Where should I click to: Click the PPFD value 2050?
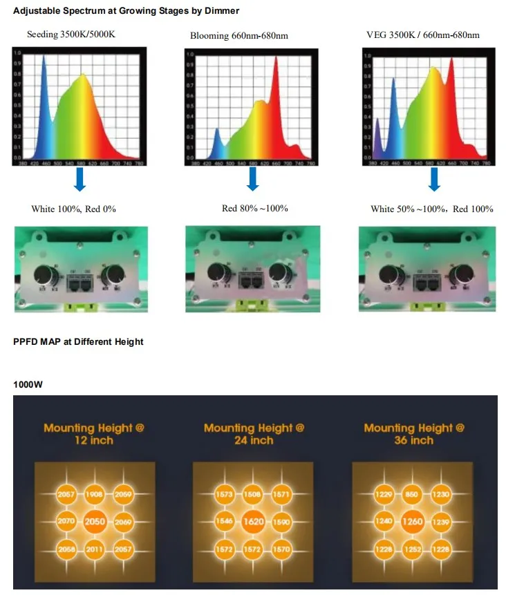tap(95, 522)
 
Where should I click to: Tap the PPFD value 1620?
tap(254, 522)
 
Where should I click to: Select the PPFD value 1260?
tap(413, 522)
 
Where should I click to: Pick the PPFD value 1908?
tap(95, 495)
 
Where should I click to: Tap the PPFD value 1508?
tap(254, 495)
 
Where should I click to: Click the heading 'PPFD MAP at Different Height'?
tap(78, 341)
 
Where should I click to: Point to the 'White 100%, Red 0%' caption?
tap(73, 209)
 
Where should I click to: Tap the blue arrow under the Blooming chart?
tap(253, 179)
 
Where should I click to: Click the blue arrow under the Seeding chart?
tap(79, 178)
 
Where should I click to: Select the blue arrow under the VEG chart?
tap(434, 179)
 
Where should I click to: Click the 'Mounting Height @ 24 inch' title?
tap(254, 434)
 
